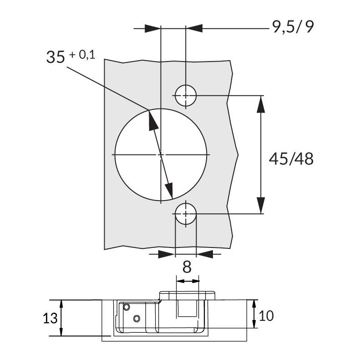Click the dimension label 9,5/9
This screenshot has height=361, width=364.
(293, 28)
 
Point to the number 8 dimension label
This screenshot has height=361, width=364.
(187, 267)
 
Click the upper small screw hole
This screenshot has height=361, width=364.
(185, 96)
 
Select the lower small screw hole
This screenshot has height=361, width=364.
(185, 213)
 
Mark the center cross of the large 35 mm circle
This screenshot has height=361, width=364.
(161, 155)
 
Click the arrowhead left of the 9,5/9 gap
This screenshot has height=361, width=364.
(153, 28)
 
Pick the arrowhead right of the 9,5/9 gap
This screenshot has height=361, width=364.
(194, 28)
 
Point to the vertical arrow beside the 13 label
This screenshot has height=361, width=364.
(62, 318)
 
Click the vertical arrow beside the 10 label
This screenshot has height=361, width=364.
(255, 314)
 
